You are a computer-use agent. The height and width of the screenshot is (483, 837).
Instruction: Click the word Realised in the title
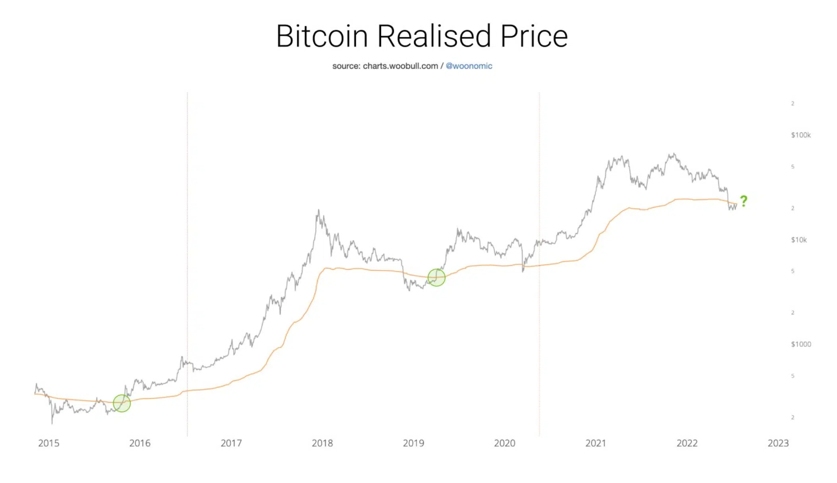[x=434, y=36]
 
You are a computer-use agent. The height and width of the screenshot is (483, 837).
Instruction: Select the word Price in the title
[x=534, y=36]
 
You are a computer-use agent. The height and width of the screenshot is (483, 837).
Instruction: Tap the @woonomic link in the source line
[x=469, y=66]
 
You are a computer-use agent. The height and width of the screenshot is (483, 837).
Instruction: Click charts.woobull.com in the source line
[x=400, y=66]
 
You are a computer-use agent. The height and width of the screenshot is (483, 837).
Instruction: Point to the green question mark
[x=744, y=201]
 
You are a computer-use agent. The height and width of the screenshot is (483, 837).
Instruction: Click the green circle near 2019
[x=436, y=277]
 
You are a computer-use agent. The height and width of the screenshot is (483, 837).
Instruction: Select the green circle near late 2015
[x=122, y=403]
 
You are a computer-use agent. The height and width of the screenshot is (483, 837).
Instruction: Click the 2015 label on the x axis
[x=48, y=443]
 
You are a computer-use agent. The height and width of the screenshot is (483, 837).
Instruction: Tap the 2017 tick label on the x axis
[x=231, y=443]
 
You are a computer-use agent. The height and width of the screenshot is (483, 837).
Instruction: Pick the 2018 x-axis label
[x=322, y=443]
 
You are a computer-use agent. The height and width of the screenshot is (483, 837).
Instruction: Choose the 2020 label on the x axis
[x=504, y=443]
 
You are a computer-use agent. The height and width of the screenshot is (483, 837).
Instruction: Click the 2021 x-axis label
[x=595, y=443]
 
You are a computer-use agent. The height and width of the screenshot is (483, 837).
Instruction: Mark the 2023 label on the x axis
[x=778, y=443]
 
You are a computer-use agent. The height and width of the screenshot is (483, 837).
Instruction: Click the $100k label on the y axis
[x=800, y=135]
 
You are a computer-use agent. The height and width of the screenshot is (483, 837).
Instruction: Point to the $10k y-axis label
[x=798, y=240]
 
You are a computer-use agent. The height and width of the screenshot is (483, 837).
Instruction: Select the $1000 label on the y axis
[x=800, y=344]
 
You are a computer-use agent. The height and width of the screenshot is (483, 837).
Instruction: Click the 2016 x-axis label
[x=139, y=443]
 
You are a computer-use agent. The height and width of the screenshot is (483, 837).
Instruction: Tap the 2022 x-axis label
[x=687, y=443]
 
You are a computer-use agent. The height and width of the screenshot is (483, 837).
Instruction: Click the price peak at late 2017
[x=318, y=211]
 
